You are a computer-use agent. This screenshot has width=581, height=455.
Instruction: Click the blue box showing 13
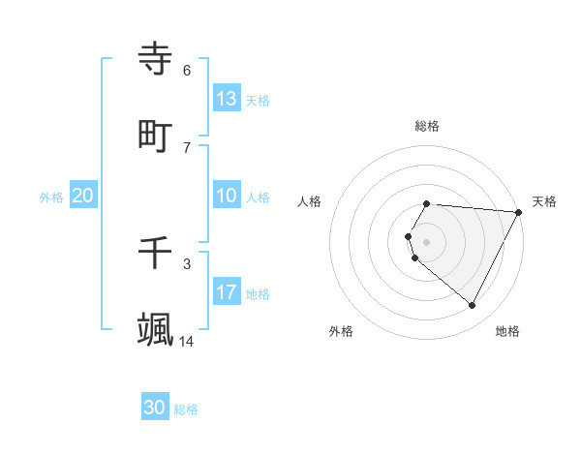pyautogui.click(x=227, y=99)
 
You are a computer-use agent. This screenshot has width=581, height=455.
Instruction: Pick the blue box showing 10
pyautogui.click(x=227, y=196)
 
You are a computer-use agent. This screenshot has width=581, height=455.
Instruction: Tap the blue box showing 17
pyautogui.click(x=227, y=292)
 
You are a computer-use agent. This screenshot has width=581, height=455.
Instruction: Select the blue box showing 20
pyautogui.click(x=83, y=196)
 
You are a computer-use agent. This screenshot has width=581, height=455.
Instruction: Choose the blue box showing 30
pyautogui.click(x=155, y=408)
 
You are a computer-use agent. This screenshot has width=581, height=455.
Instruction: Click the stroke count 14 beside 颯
pyautogui.click(x=186, y=341)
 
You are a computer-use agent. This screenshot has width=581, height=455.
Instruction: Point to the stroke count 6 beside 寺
pyautogui.click(x=187, y=70)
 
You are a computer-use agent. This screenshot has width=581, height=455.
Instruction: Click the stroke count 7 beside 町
pyautogui.click(x=187, y=147)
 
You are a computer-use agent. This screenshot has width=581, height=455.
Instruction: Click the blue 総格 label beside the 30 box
pyautogui.click(x=186, y=409)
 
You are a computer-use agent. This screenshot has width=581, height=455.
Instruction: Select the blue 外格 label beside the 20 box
pyautogui.click(x=51, y=197)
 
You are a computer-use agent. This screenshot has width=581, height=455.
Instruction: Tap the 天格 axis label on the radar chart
pyautogui.click(x=544, y=201)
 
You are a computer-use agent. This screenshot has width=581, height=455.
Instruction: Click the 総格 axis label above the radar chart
pyautogui.click(x=427, y=126)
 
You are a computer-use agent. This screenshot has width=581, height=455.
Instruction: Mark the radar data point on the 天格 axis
pyautogui.click(x=519, y=212)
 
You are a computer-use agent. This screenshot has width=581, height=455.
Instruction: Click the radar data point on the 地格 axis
pyautogui.click(x=473, y=306)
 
